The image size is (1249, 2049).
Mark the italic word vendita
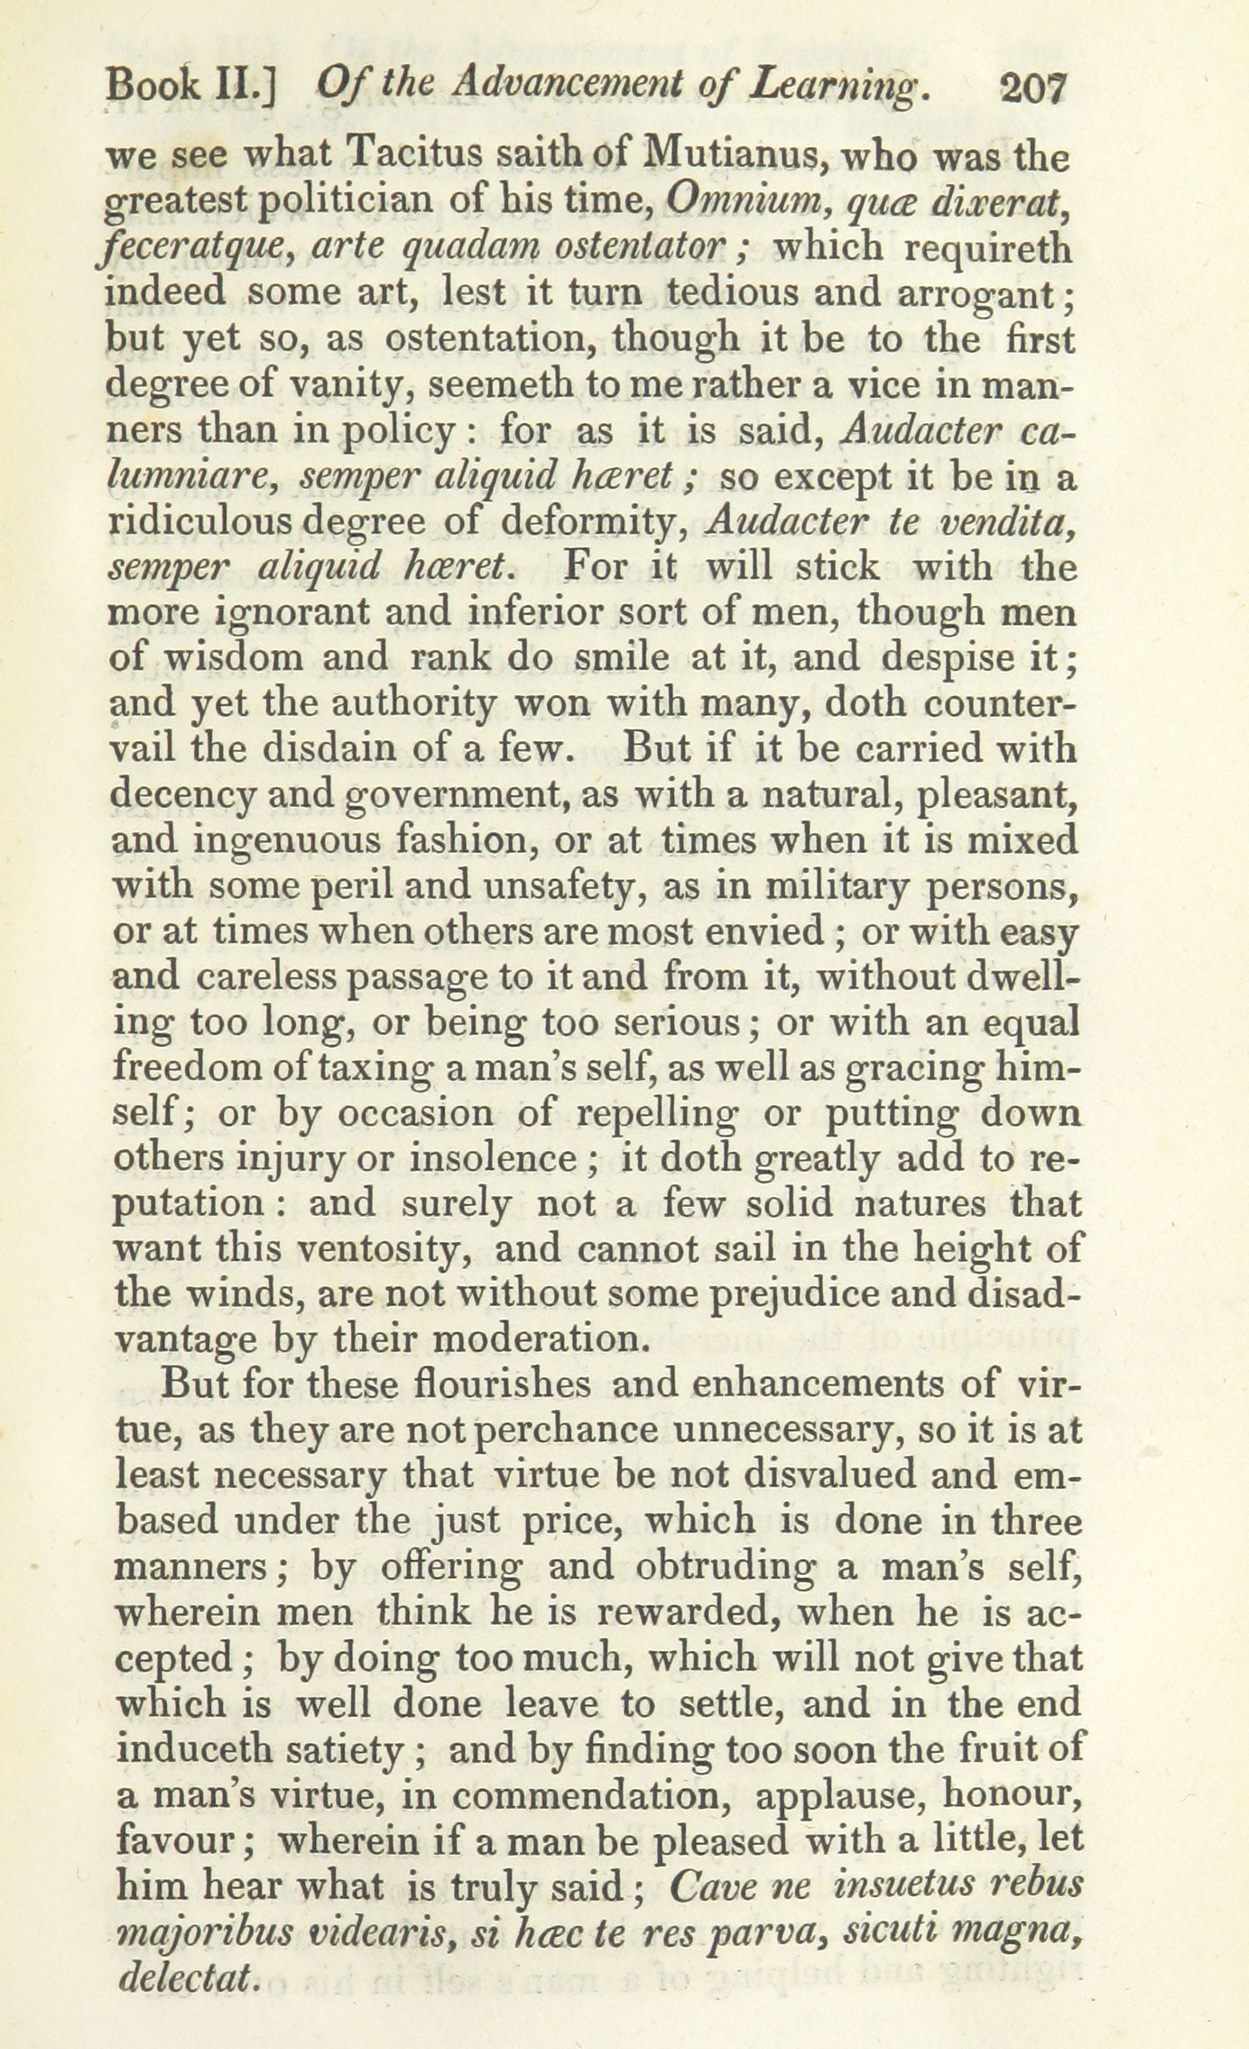click(1009, 522)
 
